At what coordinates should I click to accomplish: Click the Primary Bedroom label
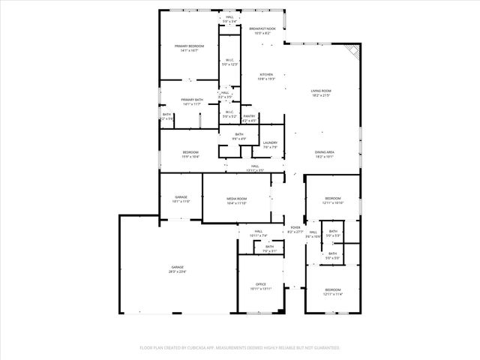click(189, 48)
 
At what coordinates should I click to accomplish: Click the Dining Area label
click(325, 154)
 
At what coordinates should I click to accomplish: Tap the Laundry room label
click(270, 145)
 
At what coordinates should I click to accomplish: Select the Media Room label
click(237, 200)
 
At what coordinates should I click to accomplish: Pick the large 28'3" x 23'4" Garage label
click(177, 269)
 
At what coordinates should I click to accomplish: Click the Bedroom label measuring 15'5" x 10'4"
click(189, 154)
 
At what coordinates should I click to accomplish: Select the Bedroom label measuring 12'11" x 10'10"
click(333, 200)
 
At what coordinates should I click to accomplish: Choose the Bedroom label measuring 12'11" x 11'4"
click(333, 291)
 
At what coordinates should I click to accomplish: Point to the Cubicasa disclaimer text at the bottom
click(240, 347)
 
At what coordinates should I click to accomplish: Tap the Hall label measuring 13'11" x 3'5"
click(255, 168)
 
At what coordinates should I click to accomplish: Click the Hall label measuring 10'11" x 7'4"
click(258, 232)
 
